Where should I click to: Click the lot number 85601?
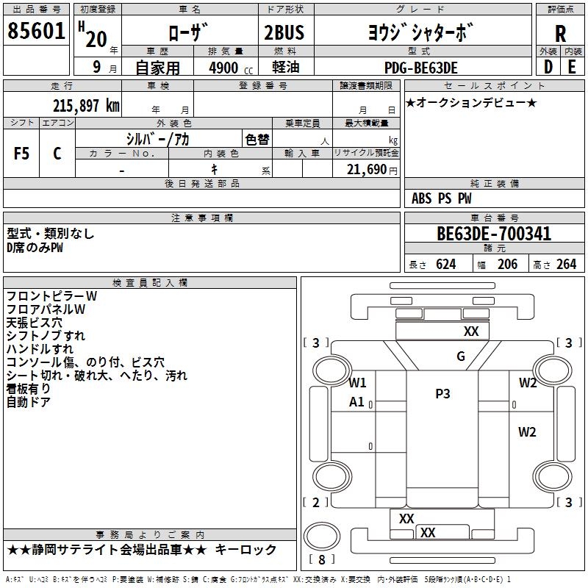(x=37, y=33)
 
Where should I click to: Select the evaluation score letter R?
(x=560, y=34)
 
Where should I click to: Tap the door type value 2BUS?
(x=284, y=33)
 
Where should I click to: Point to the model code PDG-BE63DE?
(x=421, y=68)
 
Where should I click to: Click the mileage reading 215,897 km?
(x=86, y=105)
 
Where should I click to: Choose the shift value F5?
(x=21, y=154)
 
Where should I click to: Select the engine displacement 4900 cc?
(x=223, y=68)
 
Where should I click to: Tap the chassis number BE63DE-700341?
(x=494, y=234)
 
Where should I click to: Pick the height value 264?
(x=566, y=265)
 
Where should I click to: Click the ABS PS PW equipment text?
(x=442, y=198)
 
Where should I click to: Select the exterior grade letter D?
(x=548, y=68)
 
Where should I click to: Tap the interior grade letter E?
(x=572, y=68)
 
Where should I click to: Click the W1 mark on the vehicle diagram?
(x=358, y=382)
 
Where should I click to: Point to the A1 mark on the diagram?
(x=357, y=402)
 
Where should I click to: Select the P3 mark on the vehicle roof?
(x=442, y=394)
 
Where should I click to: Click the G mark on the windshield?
(x=461, y=357)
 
